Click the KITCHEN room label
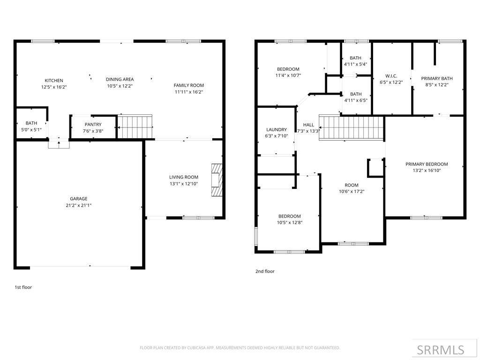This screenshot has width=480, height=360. [x=54, y=81]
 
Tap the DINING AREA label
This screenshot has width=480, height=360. [x=120, y=79]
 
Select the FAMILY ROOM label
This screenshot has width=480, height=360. [x=188, y=85]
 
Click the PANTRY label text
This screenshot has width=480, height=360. [x=93, y=125]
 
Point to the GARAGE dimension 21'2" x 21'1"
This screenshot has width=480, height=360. [x=79, y=205]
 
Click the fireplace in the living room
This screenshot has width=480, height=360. [x=217, y=180]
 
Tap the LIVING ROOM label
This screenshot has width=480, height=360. [x=184, y=177]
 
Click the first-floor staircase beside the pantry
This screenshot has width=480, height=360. [x=135, y=127]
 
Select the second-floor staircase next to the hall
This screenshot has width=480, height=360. [x=351, y=128]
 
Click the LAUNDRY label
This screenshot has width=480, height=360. [x=277, y=130]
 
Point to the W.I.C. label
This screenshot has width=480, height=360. [x=391, y=76]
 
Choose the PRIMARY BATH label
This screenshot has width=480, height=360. [x=437, y=79]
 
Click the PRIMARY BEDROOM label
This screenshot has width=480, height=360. [x=427, y=165]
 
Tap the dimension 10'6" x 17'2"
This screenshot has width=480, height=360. [x=352, y=192]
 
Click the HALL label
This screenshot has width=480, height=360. [x=308, y=125]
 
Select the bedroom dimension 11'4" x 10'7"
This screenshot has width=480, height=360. [x=288, y=75]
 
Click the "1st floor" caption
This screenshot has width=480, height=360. [x=23, y=287]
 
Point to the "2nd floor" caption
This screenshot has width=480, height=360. [x=265, y=271]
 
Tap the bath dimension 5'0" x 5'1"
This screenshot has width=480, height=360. [x=31, y=129]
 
